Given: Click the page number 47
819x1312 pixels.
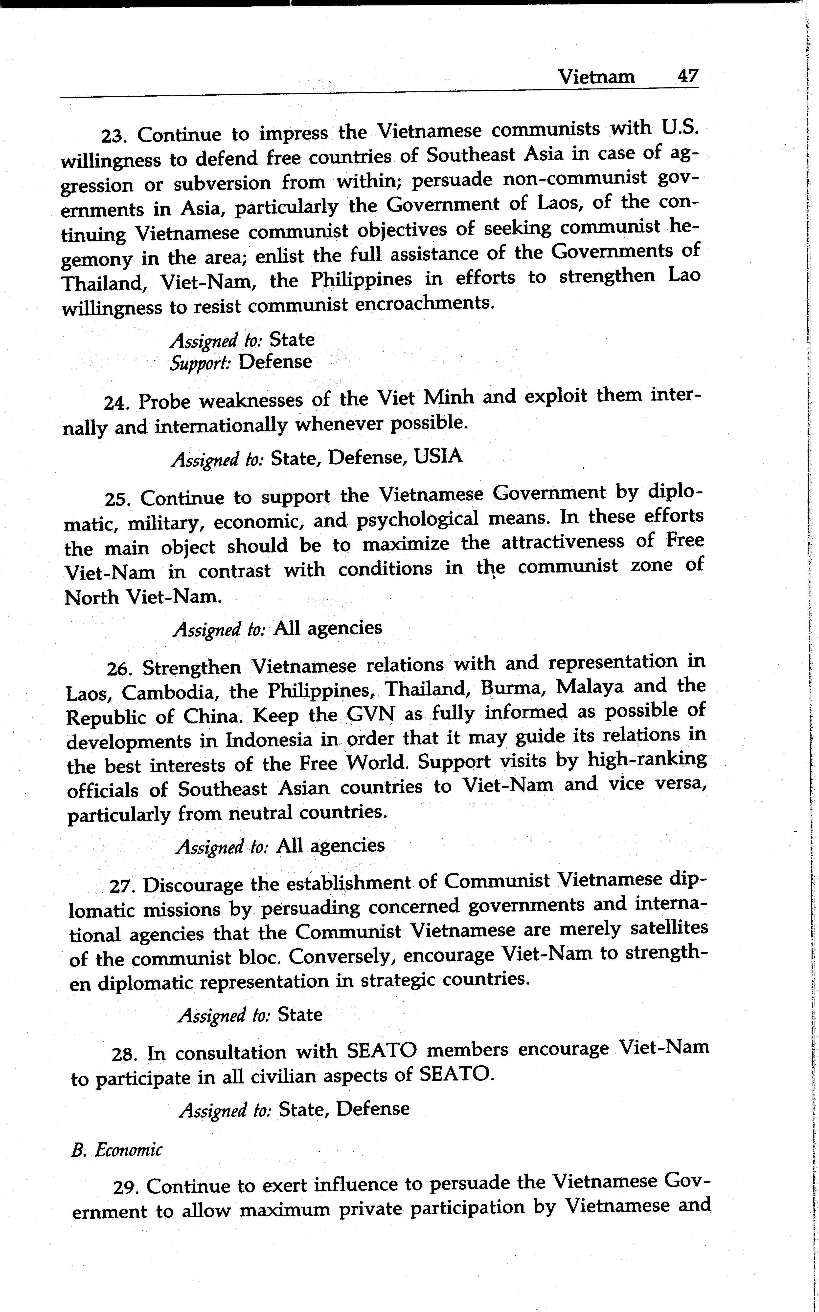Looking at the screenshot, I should tap(687, 75).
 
